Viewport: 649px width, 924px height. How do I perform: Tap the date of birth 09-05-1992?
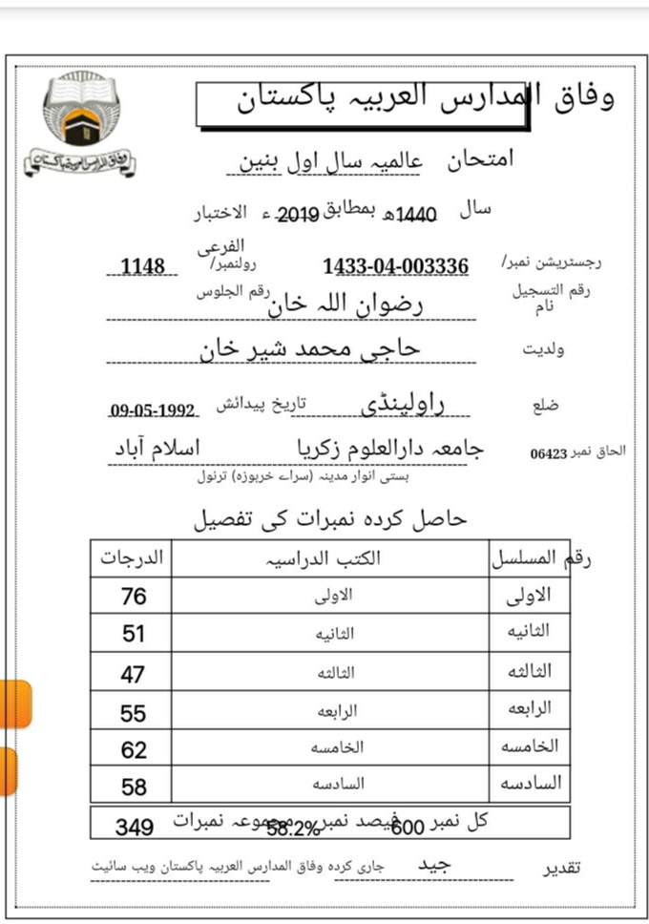(x=153, y=410)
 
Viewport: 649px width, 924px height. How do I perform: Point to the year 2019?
(x=296, y=215)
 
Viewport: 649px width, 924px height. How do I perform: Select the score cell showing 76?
(x=134, y=597)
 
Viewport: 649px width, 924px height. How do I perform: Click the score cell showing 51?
(x=134, y=635)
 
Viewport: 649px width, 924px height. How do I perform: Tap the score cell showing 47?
(x=134, y=674)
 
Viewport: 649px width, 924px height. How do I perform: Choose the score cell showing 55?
(x=134, y=712)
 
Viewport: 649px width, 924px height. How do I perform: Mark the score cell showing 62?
(x=134, y=750)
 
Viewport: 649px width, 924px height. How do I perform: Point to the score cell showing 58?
(x=134, y=787)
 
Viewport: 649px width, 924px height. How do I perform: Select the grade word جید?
(x=434, y=864)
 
